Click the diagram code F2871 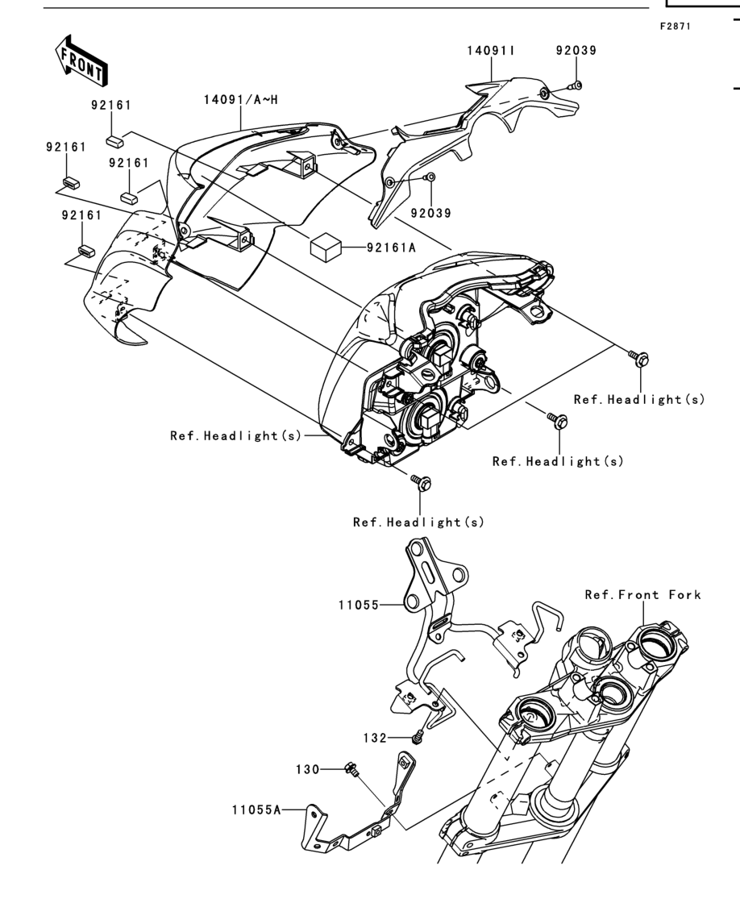(676, 27)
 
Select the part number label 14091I (491, 51)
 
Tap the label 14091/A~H (241, 100)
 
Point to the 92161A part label (391, 248)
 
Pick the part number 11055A (256, 810)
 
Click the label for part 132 (375, 738)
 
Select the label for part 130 (308, 770)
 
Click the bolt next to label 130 (351, 769)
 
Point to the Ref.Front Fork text (643, 594)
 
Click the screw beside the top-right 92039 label (576, 86)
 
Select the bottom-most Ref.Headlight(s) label (418, 522)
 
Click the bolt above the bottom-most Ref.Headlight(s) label (422, 481)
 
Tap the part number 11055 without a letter (359, 606)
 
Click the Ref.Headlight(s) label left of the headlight (235, 435)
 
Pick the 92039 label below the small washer (431, 213)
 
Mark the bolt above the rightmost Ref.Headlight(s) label (639, 357)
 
